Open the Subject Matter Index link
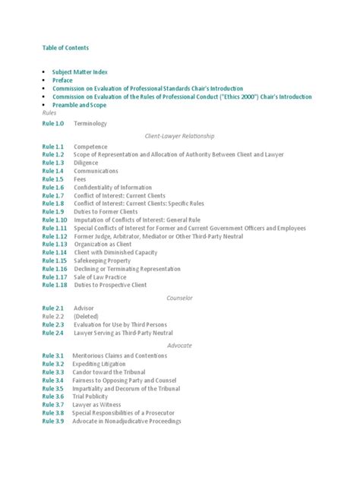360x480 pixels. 80,72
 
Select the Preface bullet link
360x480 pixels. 63,81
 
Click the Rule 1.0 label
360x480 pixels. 54,123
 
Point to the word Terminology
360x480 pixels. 90,123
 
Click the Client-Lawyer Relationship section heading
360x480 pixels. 179,135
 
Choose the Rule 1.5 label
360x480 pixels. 54,179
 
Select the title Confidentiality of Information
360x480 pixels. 113,187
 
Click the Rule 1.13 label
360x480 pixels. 55,245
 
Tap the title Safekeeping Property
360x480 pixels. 103,261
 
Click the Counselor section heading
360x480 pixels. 179,298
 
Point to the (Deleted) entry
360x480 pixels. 86,316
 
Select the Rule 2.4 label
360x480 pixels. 54,333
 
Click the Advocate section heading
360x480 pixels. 179,345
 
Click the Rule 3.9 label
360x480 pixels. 54,422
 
